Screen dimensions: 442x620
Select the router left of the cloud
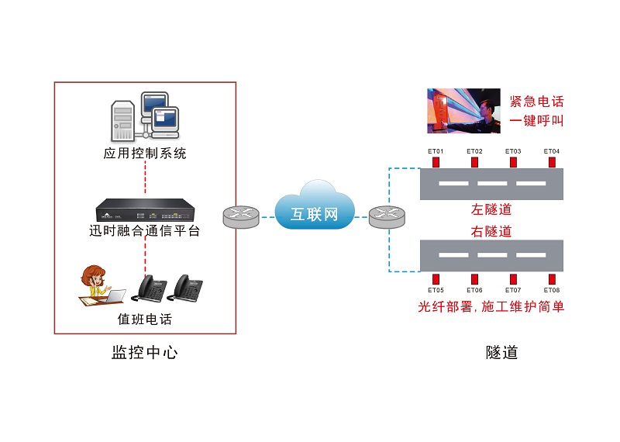coord(241,217)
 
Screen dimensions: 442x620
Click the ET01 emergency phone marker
coord(436,162)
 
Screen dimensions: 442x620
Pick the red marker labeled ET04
coord(552,162)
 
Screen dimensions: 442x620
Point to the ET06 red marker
coord(474,279)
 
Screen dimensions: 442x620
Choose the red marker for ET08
coord(552,279)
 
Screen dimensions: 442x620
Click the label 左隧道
coord(492,209)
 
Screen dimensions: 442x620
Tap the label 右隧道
coord(492,231)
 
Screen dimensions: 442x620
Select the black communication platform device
coord(145,210)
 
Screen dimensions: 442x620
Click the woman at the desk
coord(95,284)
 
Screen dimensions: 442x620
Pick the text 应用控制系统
coord(145,154)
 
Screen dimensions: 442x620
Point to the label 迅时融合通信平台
coord(145,231)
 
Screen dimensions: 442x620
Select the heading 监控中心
coord(145,353)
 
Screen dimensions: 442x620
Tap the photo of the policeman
coord(462,110)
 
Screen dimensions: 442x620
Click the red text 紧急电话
coord(536,102)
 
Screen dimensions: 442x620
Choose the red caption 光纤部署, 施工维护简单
coord(491,307)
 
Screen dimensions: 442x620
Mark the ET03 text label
coord(513,151)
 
